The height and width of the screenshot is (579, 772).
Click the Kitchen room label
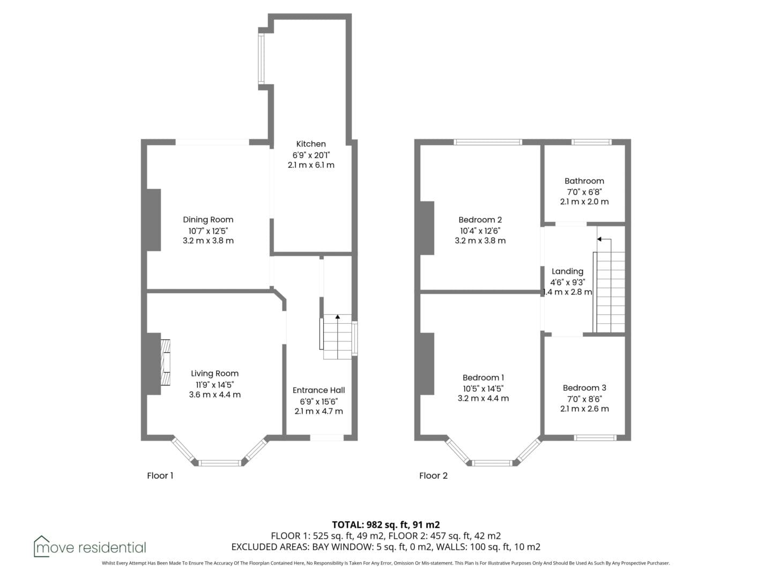coord(311,144)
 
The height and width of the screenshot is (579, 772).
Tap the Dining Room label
coord(208,220)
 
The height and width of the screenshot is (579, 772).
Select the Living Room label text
coord(214,373)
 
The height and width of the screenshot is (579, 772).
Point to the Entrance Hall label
coord(318,390)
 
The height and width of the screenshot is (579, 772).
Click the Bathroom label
coord(584,181)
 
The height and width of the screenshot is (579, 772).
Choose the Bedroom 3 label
coord(584,388)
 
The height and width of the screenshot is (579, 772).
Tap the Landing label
coord(567,271)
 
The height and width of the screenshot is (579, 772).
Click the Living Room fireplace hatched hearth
coord(165,362)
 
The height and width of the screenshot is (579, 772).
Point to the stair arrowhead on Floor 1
coord(338,317)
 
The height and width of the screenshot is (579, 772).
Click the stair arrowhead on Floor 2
coord(599,240)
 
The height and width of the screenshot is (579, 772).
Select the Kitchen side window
coord(261,59)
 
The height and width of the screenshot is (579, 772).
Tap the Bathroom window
coord(591,142)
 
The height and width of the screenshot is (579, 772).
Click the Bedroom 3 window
coord(595,437)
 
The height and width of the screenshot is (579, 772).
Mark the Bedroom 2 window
coord(487,142)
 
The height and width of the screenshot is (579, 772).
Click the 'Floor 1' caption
coord(160,476)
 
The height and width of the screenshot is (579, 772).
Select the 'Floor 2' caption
coord(433,476)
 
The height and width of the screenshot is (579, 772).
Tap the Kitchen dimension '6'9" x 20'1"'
coord(311,155)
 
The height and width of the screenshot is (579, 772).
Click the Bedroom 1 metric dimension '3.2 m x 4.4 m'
coord(483,398)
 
